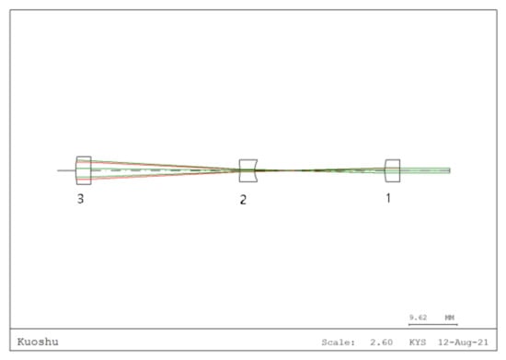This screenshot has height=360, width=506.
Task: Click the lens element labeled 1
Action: [x=392, y=170]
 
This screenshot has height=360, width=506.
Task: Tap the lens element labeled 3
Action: [x=84, y=170]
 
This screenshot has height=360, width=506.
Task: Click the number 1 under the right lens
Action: [x=387, y=198]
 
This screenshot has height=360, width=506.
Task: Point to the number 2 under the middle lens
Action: [x=243, y=200]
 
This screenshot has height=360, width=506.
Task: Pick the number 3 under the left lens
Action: [x=81, y=199]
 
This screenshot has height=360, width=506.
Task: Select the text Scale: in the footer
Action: [x=337, y=342]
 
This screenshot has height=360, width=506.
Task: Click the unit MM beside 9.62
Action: [x=450, y=317]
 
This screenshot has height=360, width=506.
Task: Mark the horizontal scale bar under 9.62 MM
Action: [x=432, y=324]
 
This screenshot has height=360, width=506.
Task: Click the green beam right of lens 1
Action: [x=424, y=170]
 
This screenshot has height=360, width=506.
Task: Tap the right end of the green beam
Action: [x=449, y=170]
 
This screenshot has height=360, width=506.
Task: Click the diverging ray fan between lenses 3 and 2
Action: [x=156, y=170]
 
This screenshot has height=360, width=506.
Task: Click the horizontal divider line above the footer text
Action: [x=253, y=331]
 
